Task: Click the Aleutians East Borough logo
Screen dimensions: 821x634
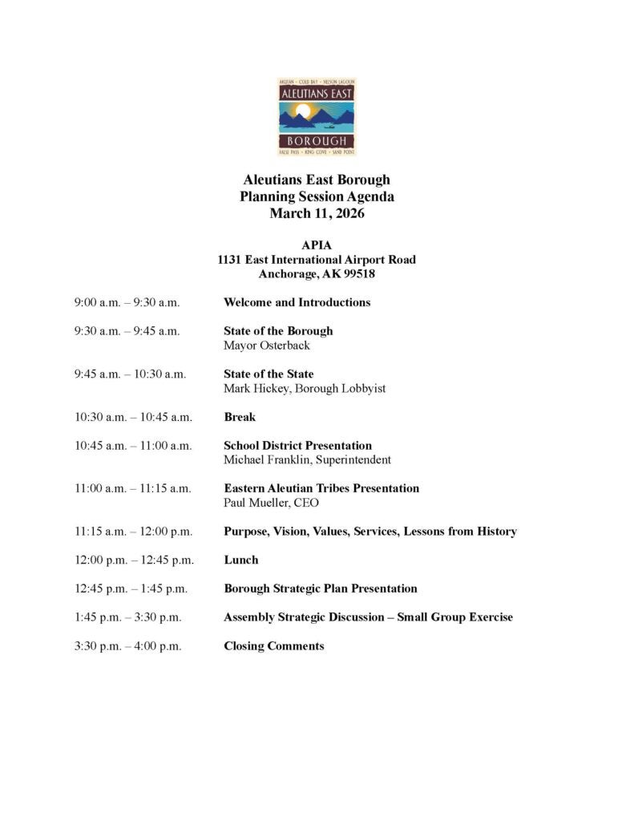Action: [317, 117]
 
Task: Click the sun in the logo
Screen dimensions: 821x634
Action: [303, 111]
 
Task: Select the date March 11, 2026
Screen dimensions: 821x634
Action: [317, 213]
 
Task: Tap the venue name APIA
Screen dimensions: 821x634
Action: [317, 246]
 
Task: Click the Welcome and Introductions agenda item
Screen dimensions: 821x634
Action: [297, 302]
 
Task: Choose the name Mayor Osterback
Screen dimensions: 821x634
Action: [266, 346]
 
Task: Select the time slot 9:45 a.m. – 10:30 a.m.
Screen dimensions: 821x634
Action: [130, 374]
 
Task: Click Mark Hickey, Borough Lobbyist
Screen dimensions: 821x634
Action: [305, 388]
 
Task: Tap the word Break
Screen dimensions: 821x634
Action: [240, 417]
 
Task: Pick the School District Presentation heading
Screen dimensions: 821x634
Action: [297, 445]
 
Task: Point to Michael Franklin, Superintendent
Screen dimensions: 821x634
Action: [307, 459]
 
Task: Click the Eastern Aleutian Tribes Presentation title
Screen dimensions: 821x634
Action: [321, 487]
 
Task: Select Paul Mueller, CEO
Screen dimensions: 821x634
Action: [271, 503]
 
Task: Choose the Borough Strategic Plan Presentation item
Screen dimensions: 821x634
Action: [320, 588]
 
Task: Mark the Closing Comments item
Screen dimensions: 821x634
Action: [273, 645]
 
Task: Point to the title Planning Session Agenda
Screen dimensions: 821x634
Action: [317, 196]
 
